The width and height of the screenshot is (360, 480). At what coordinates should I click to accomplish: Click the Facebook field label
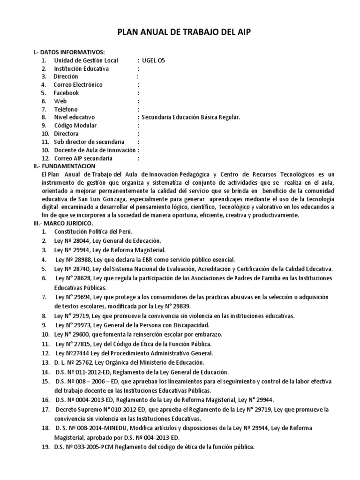pos(66,93)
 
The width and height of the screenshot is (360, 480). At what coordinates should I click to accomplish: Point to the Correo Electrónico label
pos(78,85)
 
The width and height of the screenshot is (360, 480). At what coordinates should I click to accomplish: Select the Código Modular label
pos(75,126)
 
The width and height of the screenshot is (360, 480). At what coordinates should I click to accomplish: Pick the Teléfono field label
pos(66,109)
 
